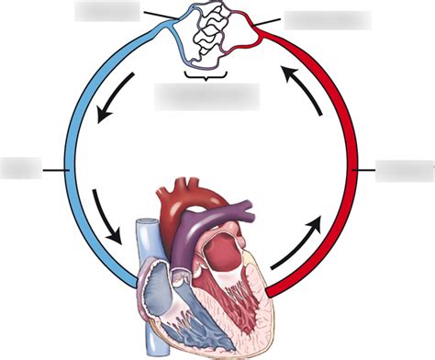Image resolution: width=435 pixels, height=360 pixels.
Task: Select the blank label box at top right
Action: pos(327,19)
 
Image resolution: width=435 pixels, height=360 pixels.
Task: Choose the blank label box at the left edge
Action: pos(21,168)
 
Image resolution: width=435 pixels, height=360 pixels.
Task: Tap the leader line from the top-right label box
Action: pos(269,22)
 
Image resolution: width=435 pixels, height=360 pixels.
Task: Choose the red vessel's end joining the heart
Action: pos(272,292)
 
